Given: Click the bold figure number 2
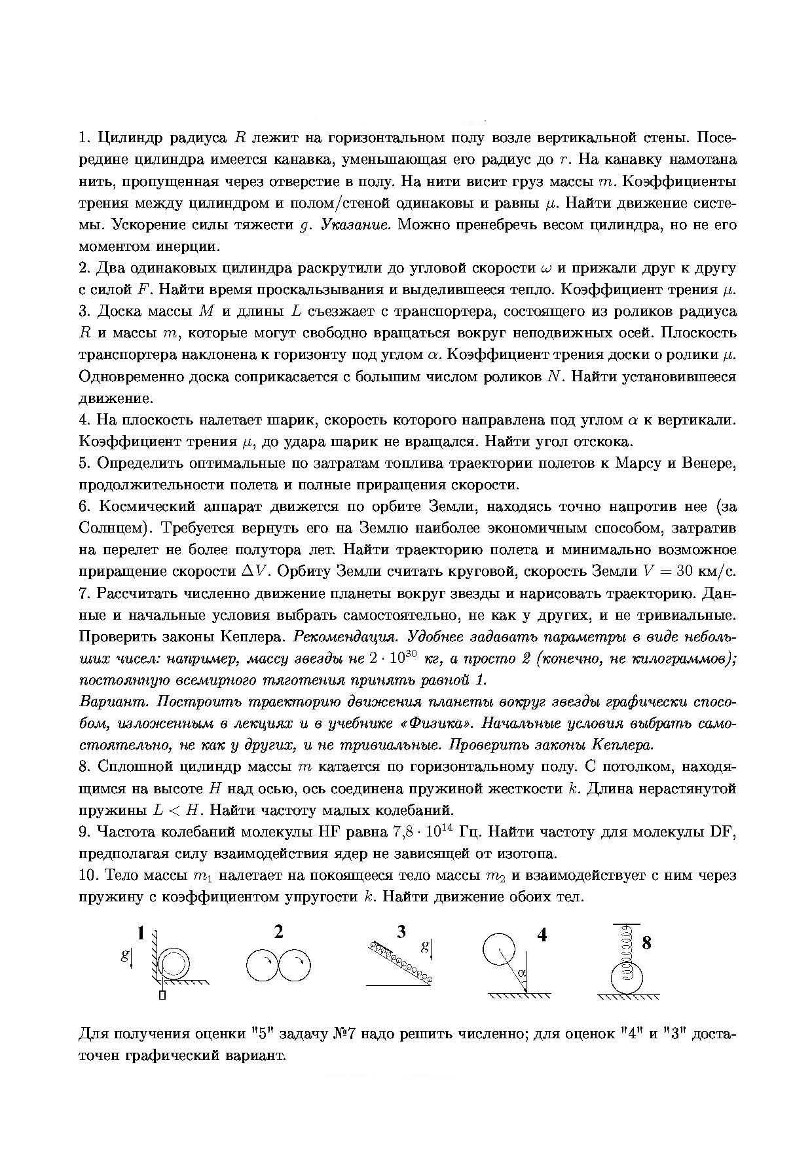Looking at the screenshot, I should tap(279, 932).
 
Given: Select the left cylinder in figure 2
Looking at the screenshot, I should tap(263, 965).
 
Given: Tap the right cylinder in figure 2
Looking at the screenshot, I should tap(294, 965).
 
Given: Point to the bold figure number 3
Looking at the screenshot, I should tap(401, 932).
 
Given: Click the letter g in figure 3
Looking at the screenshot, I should tap(425, 946).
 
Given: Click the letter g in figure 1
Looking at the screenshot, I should tap(124, 955).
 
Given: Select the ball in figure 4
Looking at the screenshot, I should tap(499, 950).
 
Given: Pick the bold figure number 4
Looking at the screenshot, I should tap(542, 935).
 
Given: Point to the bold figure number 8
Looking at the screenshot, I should tap(647, 943).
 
